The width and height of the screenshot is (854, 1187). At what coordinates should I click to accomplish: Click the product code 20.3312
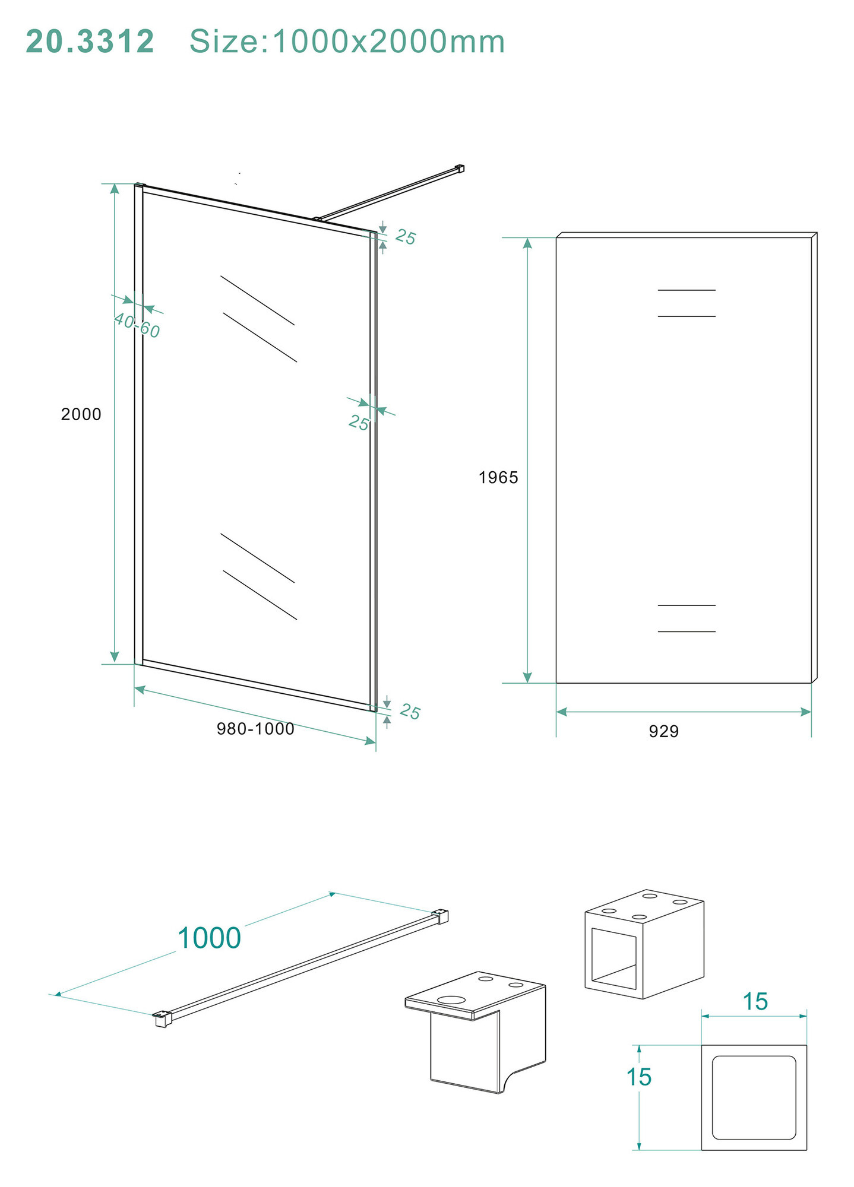click(90, 42)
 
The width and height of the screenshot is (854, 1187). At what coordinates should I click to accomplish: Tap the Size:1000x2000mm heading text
click(347, 42)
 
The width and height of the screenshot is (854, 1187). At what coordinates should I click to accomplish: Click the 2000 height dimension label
click(81, 414)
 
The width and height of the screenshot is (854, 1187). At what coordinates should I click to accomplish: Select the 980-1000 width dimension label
click(255, 729)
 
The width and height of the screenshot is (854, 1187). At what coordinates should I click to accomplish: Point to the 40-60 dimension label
click(137, 325)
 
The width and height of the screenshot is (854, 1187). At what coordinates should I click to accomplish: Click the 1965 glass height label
click(499, 477)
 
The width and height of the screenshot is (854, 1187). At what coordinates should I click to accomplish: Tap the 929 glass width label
click(664, 731)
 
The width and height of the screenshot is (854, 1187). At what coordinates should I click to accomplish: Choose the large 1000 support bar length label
click(209, 938)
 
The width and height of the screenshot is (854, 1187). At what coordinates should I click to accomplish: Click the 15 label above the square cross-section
click(755, 1001)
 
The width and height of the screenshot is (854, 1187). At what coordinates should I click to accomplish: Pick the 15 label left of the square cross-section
click(639, 1077)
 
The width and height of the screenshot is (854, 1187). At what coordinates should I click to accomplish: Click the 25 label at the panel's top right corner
click(406, 237)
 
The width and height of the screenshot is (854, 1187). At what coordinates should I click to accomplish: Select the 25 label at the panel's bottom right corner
click(410, 711)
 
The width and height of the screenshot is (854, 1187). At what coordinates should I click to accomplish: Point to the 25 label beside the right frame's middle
click(359, 423)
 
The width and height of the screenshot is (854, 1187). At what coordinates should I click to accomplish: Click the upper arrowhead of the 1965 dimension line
click(527, 243)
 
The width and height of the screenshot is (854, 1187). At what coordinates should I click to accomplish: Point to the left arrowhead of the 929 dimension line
click(562, 712)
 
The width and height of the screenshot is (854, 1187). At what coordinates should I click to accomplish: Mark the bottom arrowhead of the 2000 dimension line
click(115, 657)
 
